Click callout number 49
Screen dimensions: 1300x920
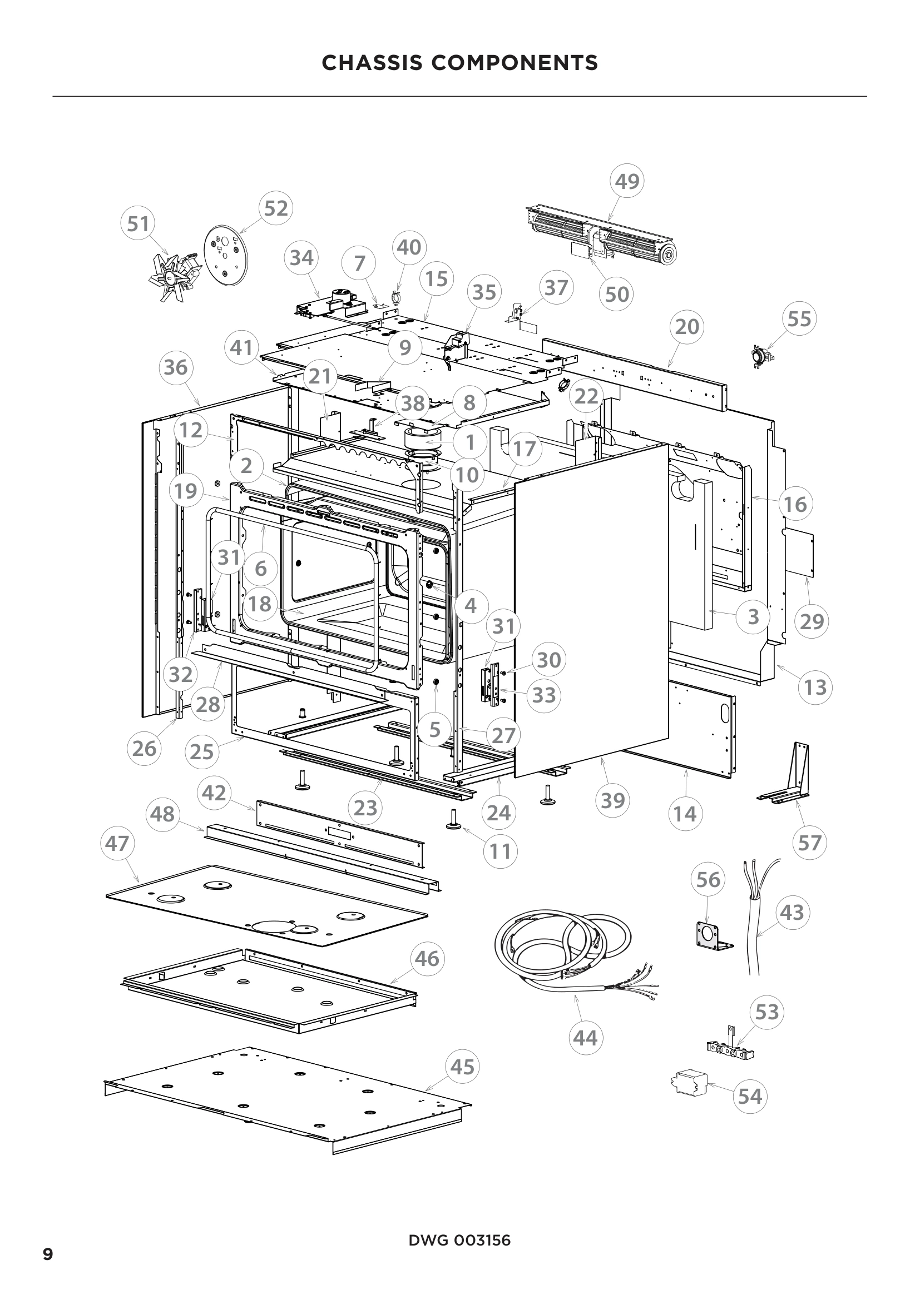tap(627, 181)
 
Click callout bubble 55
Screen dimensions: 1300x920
tap(799, 319)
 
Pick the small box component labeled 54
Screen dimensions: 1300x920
tap(688, 1083)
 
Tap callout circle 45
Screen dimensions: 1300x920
tap(462, 1067)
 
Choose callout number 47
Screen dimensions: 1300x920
tap(118, 844)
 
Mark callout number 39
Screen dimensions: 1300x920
tap(612, 800)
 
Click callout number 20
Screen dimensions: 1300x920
tap(686, 327)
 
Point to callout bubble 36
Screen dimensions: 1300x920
tap(175, 367)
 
